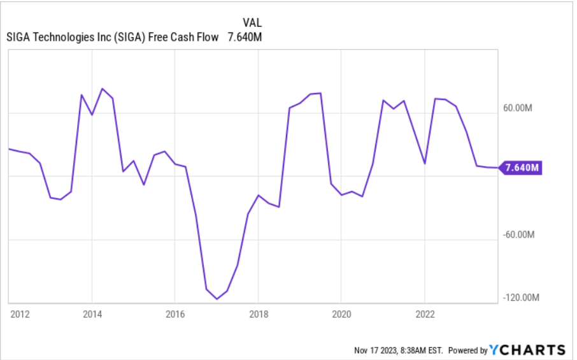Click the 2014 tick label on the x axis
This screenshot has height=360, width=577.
[92, 314]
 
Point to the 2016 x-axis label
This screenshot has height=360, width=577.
[175, 314]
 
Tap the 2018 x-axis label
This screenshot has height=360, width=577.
[258, 314]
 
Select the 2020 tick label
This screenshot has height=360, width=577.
[341, 314]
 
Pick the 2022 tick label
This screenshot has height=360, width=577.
[425, 314]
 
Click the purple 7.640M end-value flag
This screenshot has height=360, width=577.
[522, 168]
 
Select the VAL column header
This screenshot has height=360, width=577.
[253, 22]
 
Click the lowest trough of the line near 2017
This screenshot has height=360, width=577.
[217, 299]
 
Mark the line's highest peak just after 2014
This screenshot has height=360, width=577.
[102, 89]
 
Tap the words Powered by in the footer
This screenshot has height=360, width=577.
[468, 350]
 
